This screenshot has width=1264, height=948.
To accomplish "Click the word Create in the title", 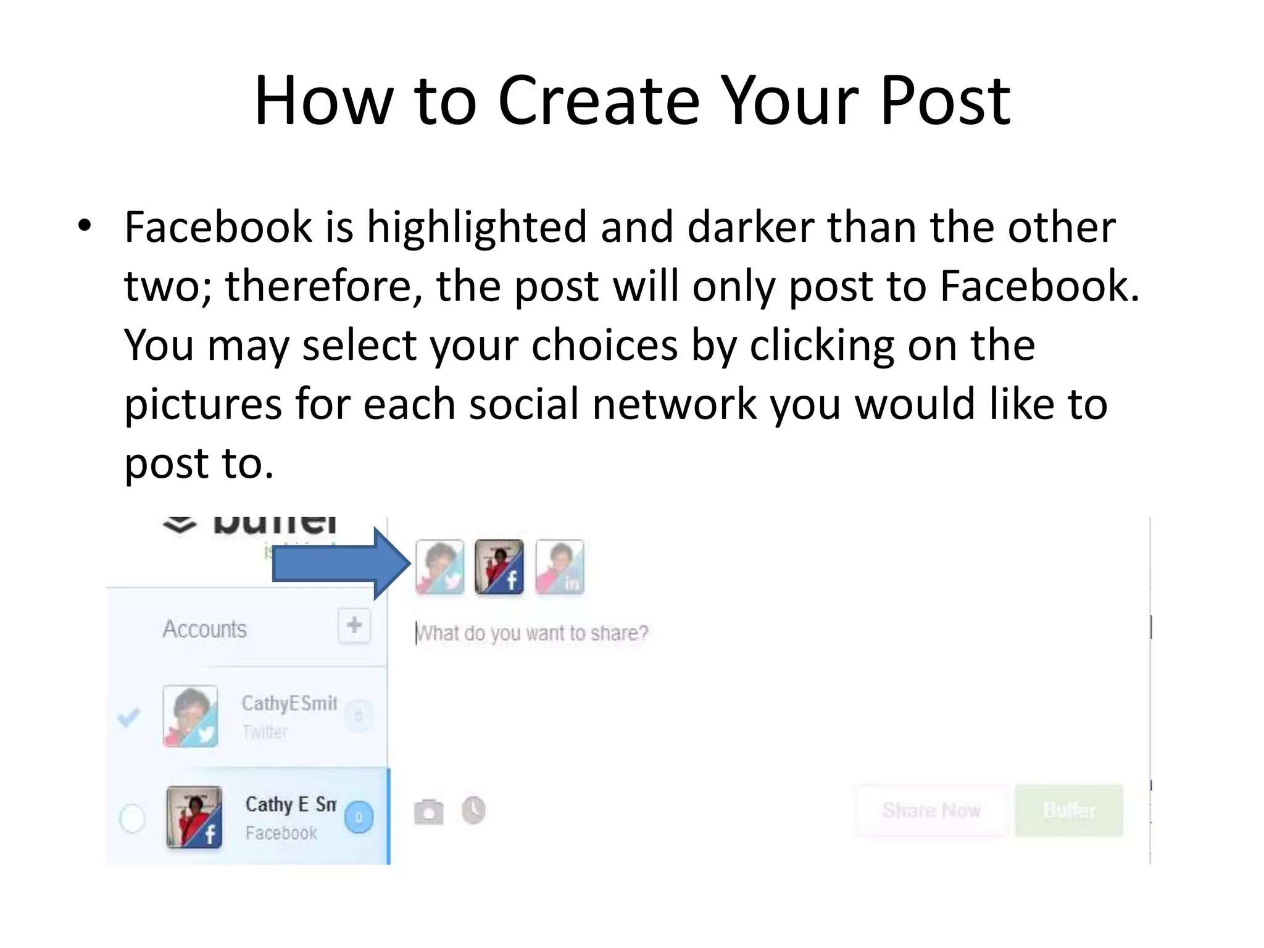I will click(598, 101).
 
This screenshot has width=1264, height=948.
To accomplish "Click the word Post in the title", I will click(945, 101).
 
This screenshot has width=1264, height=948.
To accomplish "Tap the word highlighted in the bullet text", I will click(476, 227).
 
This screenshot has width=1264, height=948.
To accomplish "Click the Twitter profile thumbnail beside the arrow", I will click(440, 567).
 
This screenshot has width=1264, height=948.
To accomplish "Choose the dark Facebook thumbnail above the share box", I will click(499, 567).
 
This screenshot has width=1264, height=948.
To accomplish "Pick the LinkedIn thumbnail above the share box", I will click(559, 567).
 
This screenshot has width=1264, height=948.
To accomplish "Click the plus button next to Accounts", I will click(354, 626).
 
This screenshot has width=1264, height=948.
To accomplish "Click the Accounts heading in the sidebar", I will click(204, 630).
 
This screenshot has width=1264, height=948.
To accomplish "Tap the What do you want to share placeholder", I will click(532, 633).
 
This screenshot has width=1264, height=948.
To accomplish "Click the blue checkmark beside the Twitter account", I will click(128, 717).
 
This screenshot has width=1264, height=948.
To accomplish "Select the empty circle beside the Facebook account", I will click(132, 818).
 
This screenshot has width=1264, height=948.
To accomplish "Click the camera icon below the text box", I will click(428, 812).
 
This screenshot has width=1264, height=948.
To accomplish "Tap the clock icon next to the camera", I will click(473, 810).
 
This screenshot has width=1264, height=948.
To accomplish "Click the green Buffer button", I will click(1068, 810).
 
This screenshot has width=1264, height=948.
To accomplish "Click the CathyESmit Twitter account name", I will click(289, 704).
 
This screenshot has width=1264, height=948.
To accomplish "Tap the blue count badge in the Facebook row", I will click(359, 817).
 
